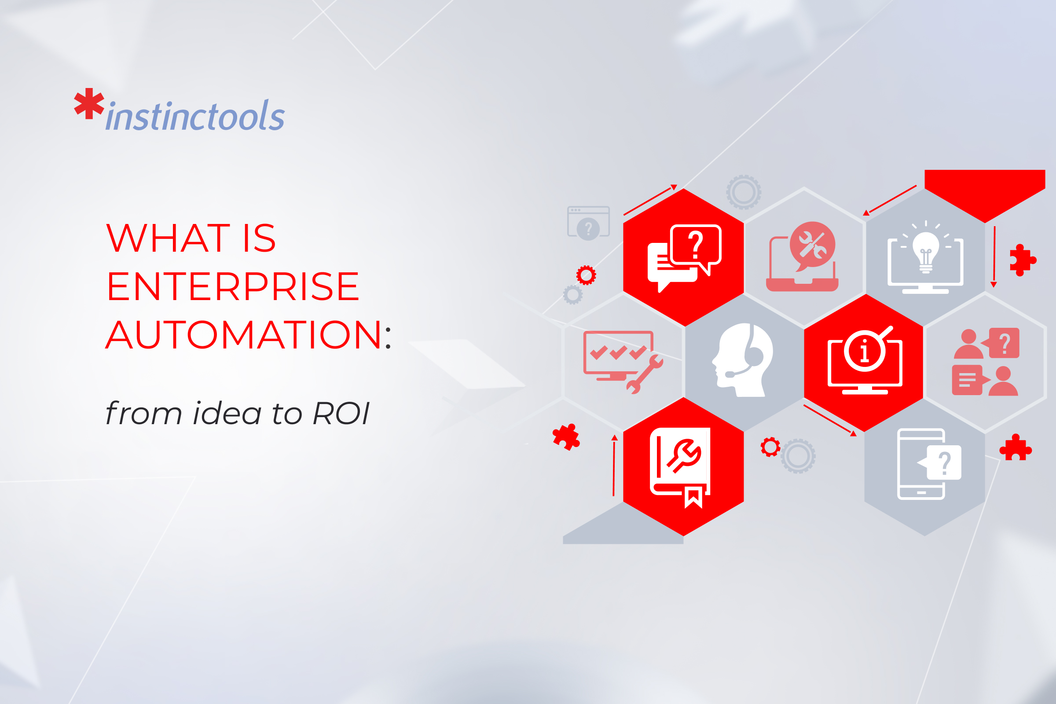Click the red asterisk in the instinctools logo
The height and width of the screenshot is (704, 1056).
coord(89,104)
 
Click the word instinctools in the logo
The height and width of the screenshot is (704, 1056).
coord(195,117)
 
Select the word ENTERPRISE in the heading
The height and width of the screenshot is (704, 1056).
coord(233,286)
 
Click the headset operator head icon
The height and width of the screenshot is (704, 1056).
coord(743,359)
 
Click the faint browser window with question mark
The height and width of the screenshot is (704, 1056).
coord(588,223)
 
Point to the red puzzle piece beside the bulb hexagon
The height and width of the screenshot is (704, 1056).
coord(1021,260)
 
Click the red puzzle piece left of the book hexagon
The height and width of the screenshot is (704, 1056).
coord(566,436)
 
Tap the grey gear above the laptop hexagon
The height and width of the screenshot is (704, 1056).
coord(744,192)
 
